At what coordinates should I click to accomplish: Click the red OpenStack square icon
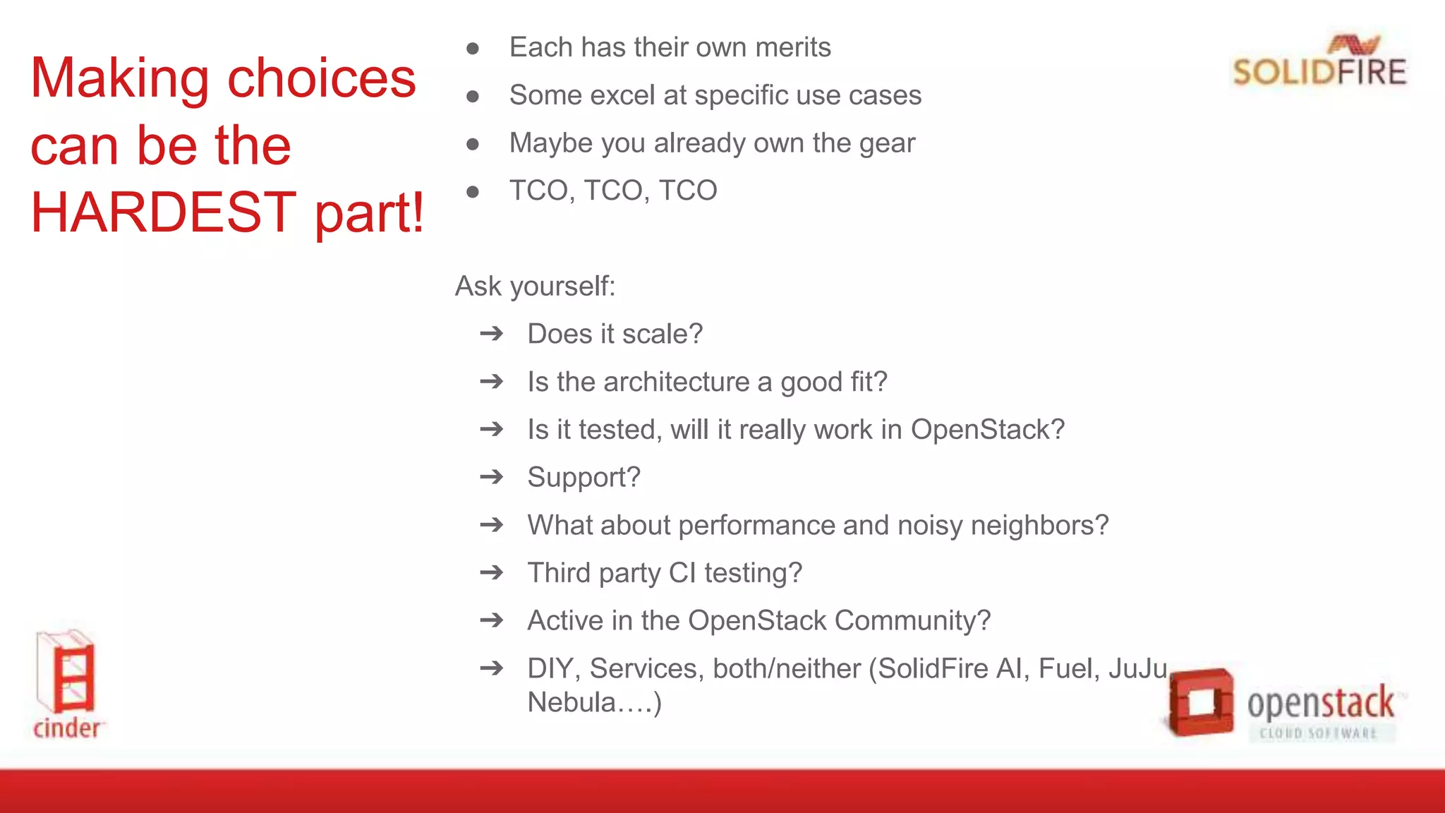click(x=1200, y=701)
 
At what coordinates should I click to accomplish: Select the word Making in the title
click(x=120, y=79)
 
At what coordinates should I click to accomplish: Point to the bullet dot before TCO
click(x=473, y=191)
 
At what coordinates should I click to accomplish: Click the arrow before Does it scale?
click(x=492, y=333)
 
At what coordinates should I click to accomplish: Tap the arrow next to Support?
click(x=492, y=477)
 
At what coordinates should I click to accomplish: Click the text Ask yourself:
click(x=535, y=287)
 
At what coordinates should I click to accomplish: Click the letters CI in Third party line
click(x=682, y=572)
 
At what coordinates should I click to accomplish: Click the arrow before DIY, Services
click(x=492, y=668)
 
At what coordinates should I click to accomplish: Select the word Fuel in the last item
click(x=1068, y=668)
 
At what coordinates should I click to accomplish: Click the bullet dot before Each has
click(x=473, y=49)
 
